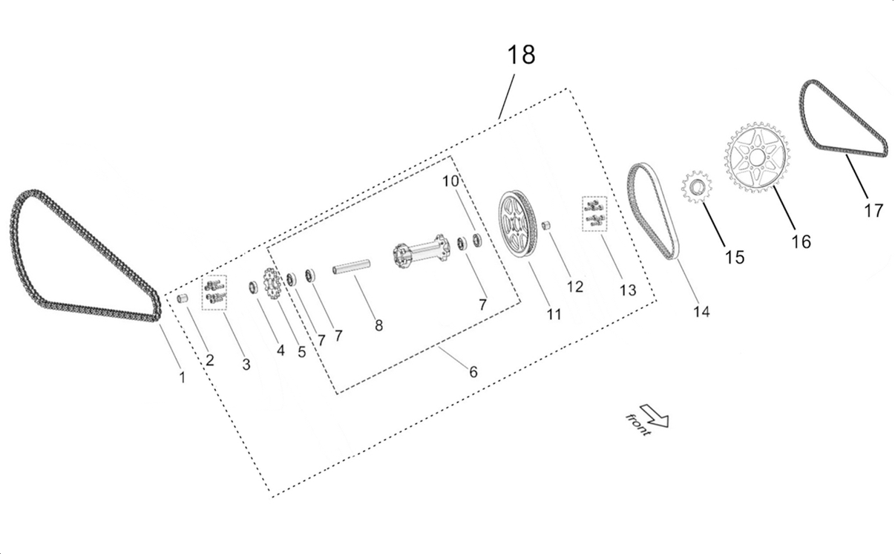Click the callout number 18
point(521,55)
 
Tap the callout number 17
point(873,210)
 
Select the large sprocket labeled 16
point(756,158)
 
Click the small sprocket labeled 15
point(696,188)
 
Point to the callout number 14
point(701,312)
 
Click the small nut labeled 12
point(546,224)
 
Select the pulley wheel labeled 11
point(517,224)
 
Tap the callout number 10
point(451,181)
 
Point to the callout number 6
point(473,371)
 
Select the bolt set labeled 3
point(214,290)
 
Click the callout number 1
point(182,377)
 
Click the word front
point(637,424)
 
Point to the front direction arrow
point(656,415)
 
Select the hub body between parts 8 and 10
point(421,250)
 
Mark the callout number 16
point(801,241)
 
